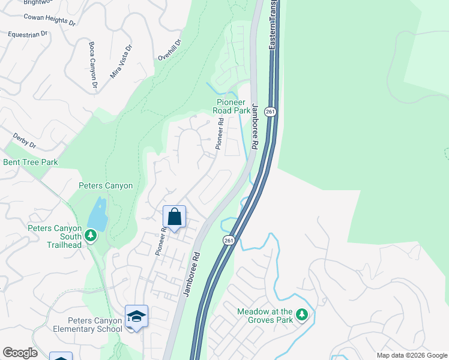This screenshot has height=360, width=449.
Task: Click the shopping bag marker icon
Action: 174,217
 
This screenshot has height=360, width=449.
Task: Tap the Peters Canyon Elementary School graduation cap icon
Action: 136,316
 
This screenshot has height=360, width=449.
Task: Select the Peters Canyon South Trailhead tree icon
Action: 91,235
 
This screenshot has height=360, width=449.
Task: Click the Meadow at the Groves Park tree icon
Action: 303,314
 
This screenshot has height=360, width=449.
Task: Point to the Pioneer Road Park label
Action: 233,106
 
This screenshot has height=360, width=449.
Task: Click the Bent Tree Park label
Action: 31,162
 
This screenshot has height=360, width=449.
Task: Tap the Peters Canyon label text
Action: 106,186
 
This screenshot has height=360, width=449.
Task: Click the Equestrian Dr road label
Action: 27,35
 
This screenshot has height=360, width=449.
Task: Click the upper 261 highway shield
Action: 271,112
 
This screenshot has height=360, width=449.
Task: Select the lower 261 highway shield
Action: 228,240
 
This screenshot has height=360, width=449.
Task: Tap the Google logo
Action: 20,353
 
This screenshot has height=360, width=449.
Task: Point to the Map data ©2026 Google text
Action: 412,355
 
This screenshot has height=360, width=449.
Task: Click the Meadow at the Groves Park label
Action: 265,316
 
